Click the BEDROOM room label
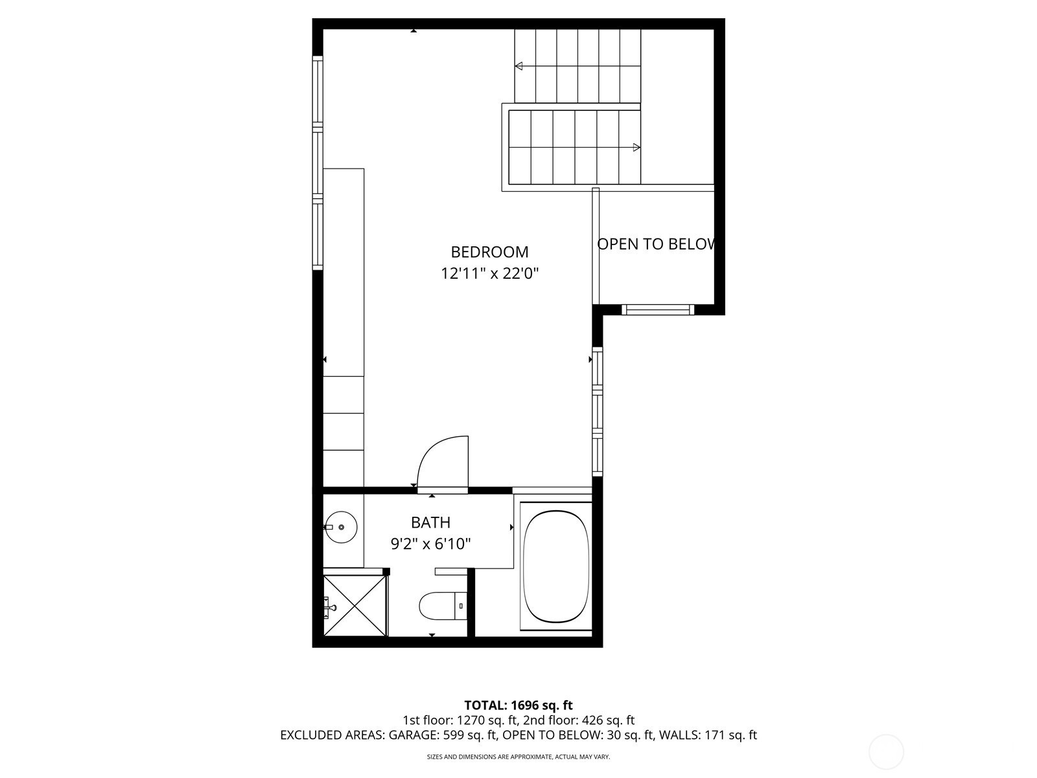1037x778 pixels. tap(489, 252)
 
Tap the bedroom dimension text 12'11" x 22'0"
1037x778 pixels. tap(489, 274)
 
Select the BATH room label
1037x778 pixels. tap(430, 523)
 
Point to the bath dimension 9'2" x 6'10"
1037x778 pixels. tap(430, 544)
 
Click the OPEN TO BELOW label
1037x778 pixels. tap(657, 244)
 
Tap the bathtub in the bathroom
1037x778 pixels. tap(556, 567)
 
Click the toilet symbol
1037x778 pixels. tap(443, 606)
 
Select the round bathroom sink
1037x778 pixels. tap(341, 526)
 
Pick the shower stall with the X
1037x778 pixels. tap(355, 605)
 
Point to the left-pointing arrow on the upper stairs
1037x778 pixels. tap(518, 66)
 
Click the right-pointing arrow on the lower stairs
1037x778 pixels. tap(636, 147)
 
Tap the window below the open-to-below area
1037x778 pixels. tap(658, 310)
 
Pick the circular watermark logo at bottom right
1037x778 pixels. tap(885, 753)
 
